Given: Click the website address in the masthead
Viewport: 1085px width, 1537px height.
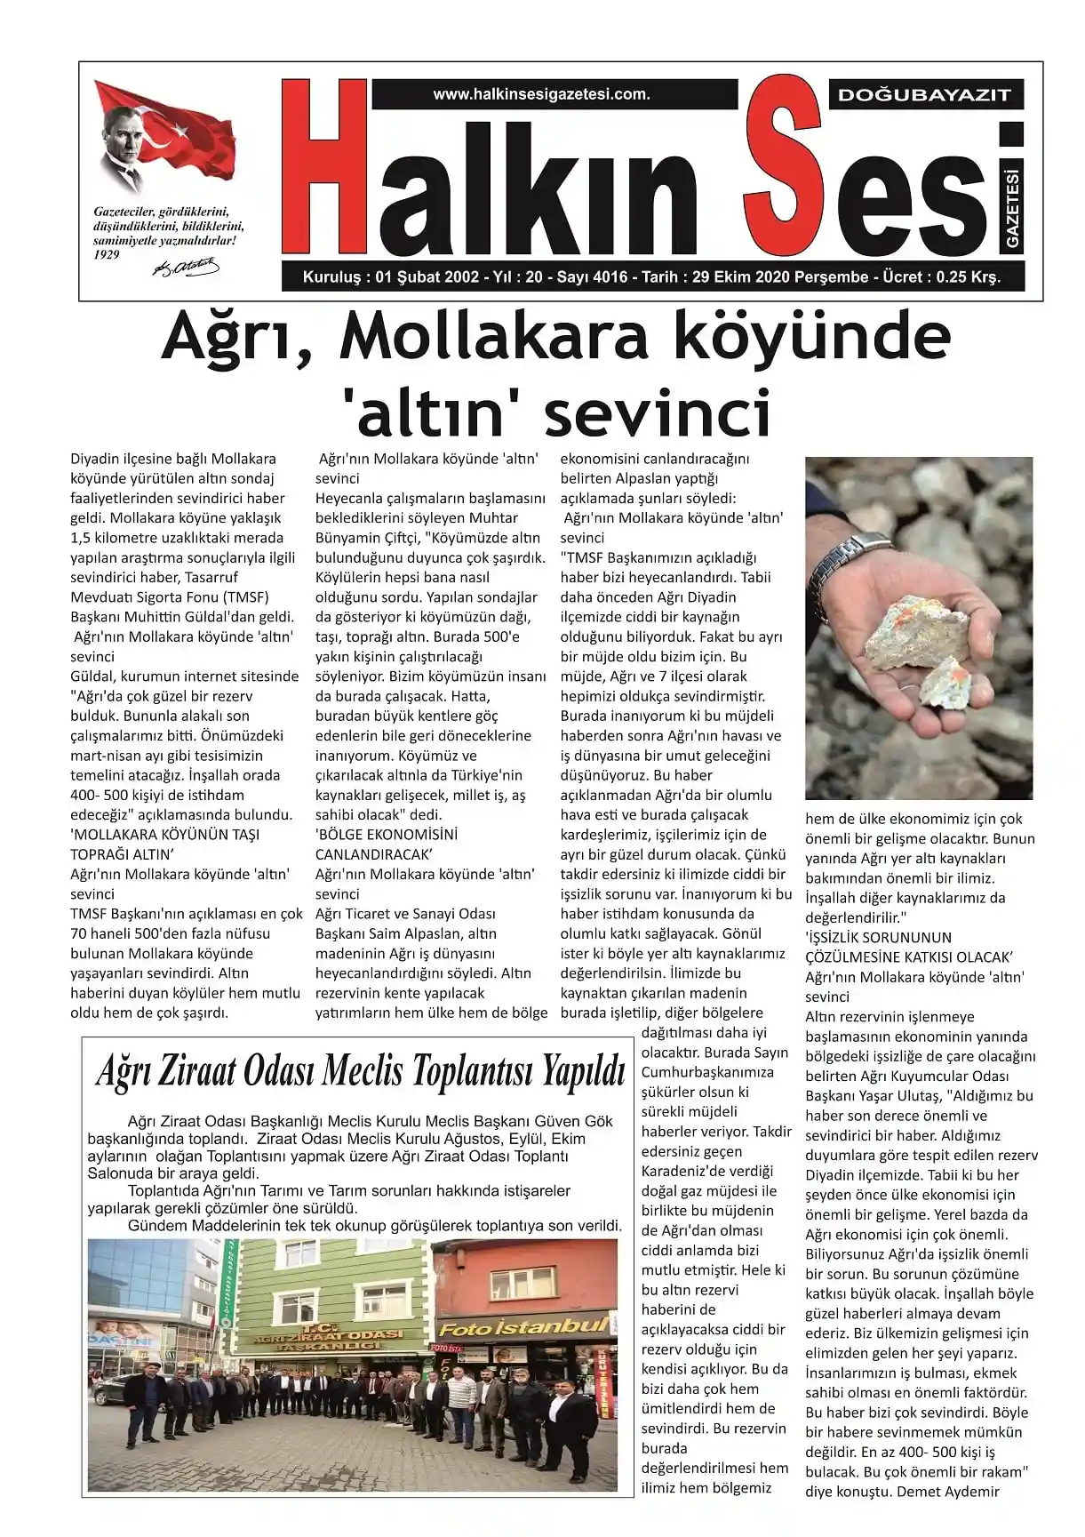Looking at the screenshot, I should pos(541,94).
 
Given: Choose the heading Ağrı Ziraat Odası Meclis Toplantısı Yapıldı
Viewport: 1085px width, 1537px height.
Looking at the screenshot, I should pos(361,1072).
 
